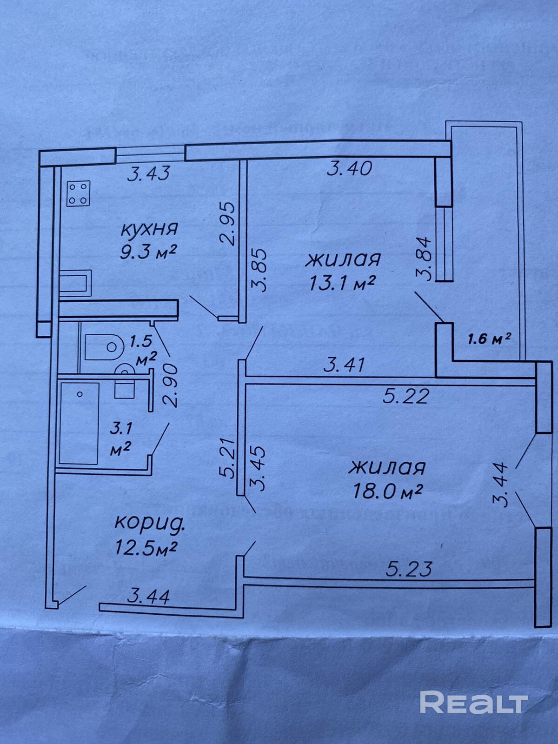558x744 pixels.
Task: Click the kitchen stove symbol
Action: (x=79, y=193)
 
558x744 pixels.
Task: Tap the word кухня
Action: (x=150, y=230)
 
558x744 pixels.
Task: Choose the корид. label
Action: (x=149, y=525)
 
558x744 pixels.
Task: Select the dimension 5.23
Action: (x=409, y=568)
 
